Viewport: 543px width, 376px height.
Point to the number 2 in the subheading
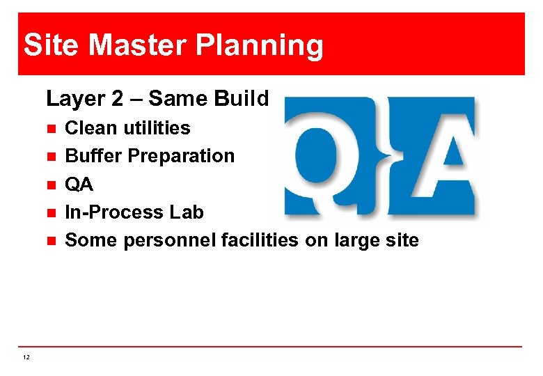(x=116, y=99)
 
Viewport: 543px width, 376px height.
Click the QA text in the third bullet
(x=79, y=185)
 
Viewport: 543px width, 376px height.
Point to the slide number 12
(x=26, y=357)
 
